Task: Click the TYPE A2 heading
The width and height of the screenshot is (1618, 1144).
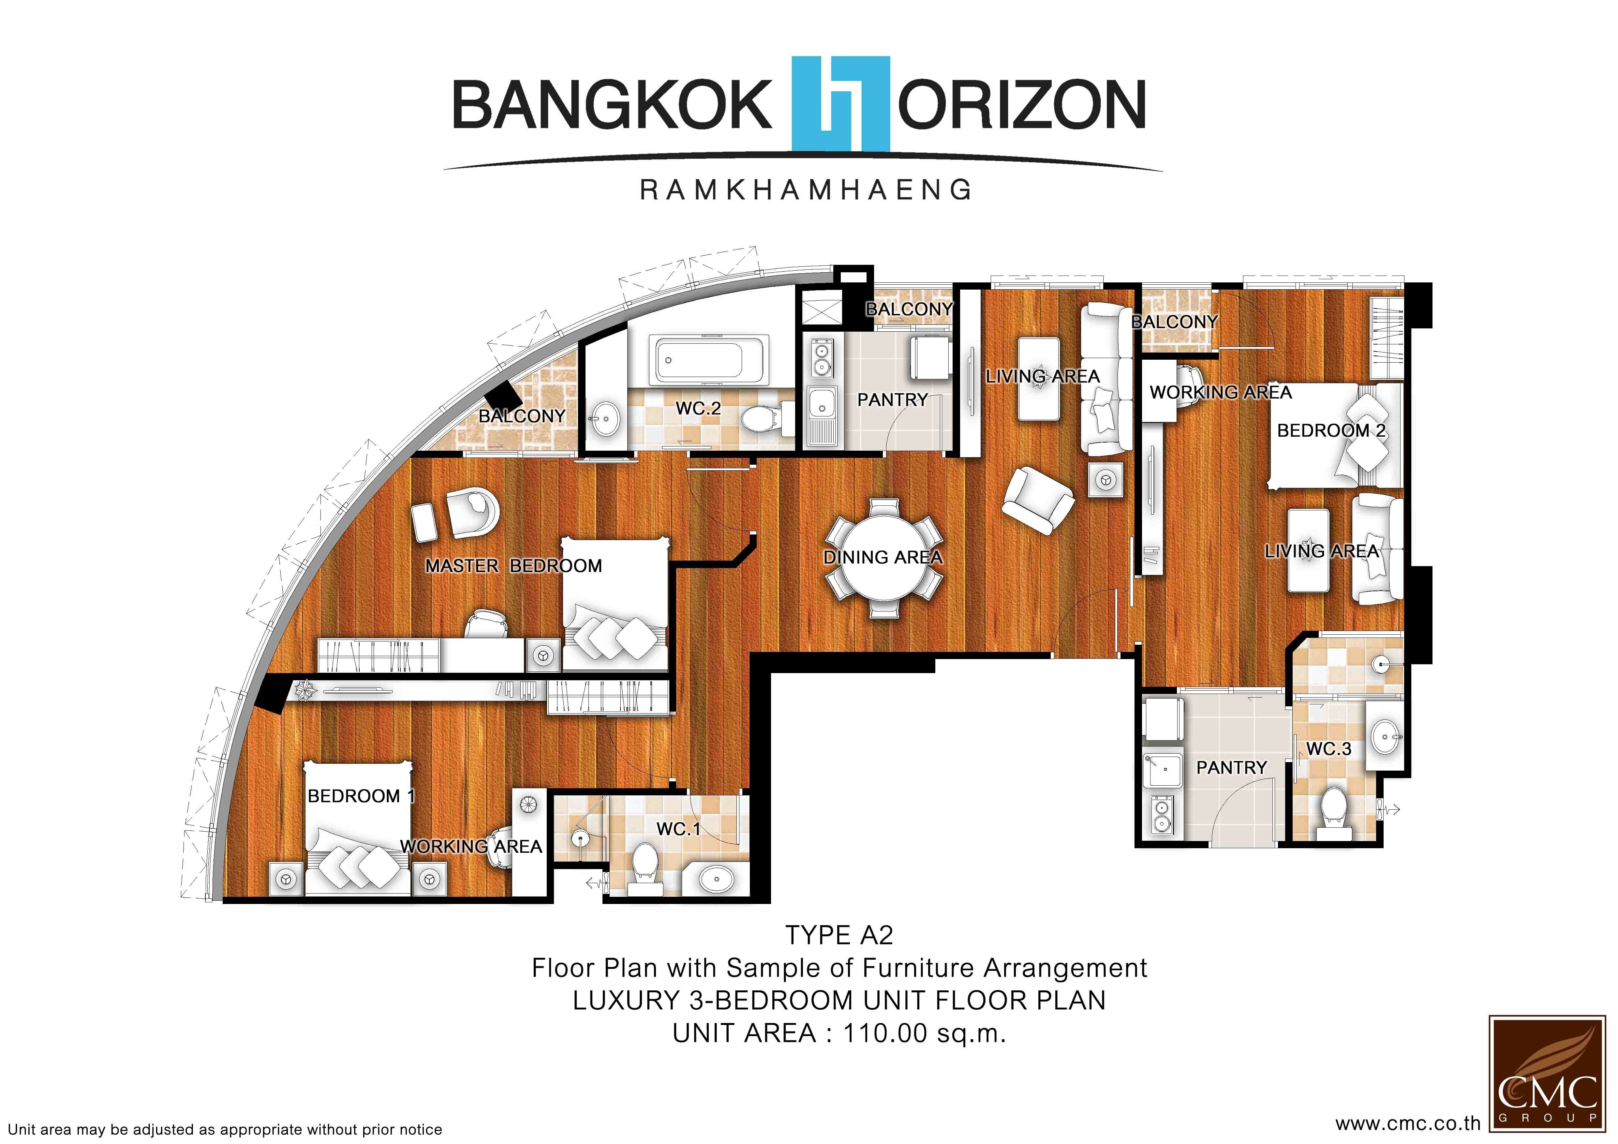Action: (839, 935)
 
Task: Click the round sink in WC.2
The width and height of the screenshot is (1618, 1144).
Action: (605, 418)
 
